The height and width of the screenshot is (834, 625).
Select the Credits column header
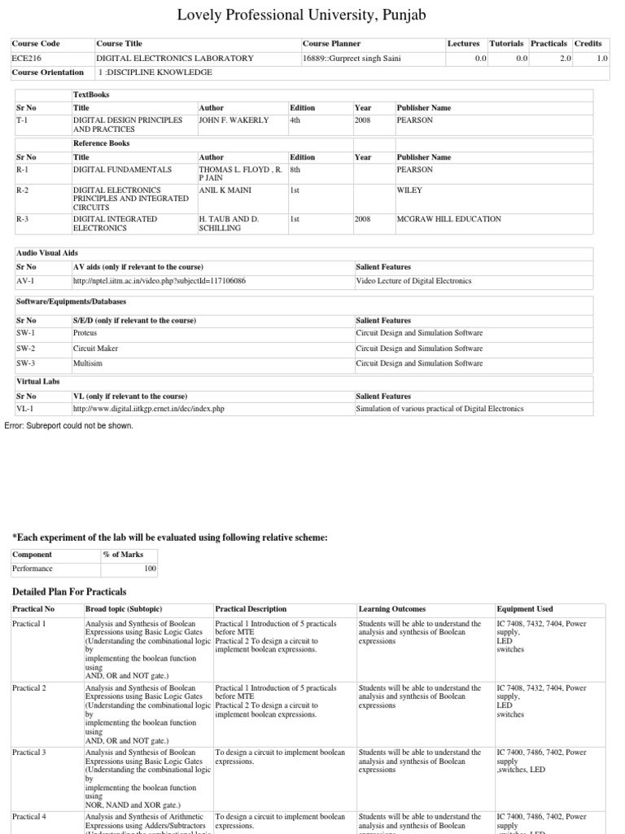point(588,43)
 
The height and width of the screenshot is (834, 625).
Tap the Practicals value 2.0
point(565,58)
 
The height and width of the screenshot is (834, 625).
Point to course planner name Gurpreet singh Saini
point(365,58)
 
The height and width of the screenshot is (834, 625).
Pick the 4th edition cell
point(295,120)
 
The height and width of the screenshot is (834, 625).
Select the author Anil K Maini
point(225,190)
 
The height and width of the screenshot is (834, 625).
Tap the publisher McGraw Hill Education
point(448,219)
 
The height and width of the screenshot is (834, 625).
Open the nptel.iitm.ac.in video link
point(160,281)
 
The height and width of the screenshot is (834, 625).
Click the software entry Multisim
point(87,363)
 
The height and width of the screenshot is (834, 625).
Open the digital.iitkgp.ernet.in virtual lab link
point(149,409)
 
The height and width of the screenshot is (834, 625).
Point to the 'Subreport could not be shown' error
point(68,425)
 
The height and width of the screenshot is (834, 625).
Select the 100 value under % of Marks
point(150,568)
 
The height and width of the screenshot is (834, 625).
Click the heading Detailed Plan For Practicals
point(69,590)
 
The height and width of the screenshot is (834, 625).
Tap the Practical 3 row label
point(29,753)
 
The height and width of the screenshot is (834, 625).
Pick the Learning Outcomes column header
point(391,609)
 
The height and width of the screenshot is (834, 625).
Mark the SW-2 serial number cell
point(26,349)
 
